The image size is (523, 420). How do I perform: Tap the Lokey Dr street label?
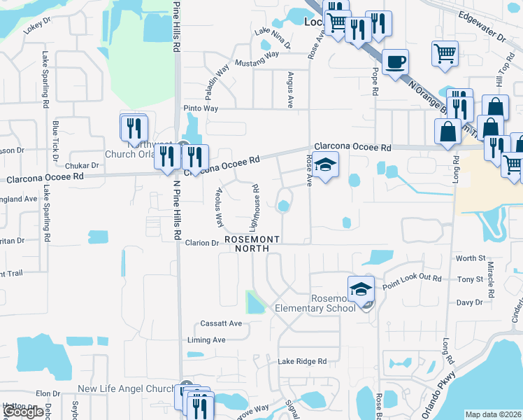[x=37, y=26]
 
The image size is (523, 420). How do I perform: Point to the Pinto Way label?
[x=201, y=108]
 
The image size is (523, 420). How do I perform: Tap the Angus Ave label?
[x=289, y=89]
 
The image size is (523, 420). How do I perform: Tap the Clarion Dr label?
[x=202, y=243]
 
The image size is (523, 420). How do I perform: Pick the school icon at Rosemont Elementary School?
[x=361, y=288]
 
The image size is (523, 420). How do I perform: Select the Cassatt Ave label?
[x=221, y=323]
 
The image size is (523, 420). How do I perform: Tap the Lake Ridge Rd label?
[x=302, y=361]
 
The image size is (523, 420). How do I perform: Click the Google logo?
[x=24, y=412]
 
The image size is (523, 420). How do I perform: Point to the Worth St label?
[x=470, y=258]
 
